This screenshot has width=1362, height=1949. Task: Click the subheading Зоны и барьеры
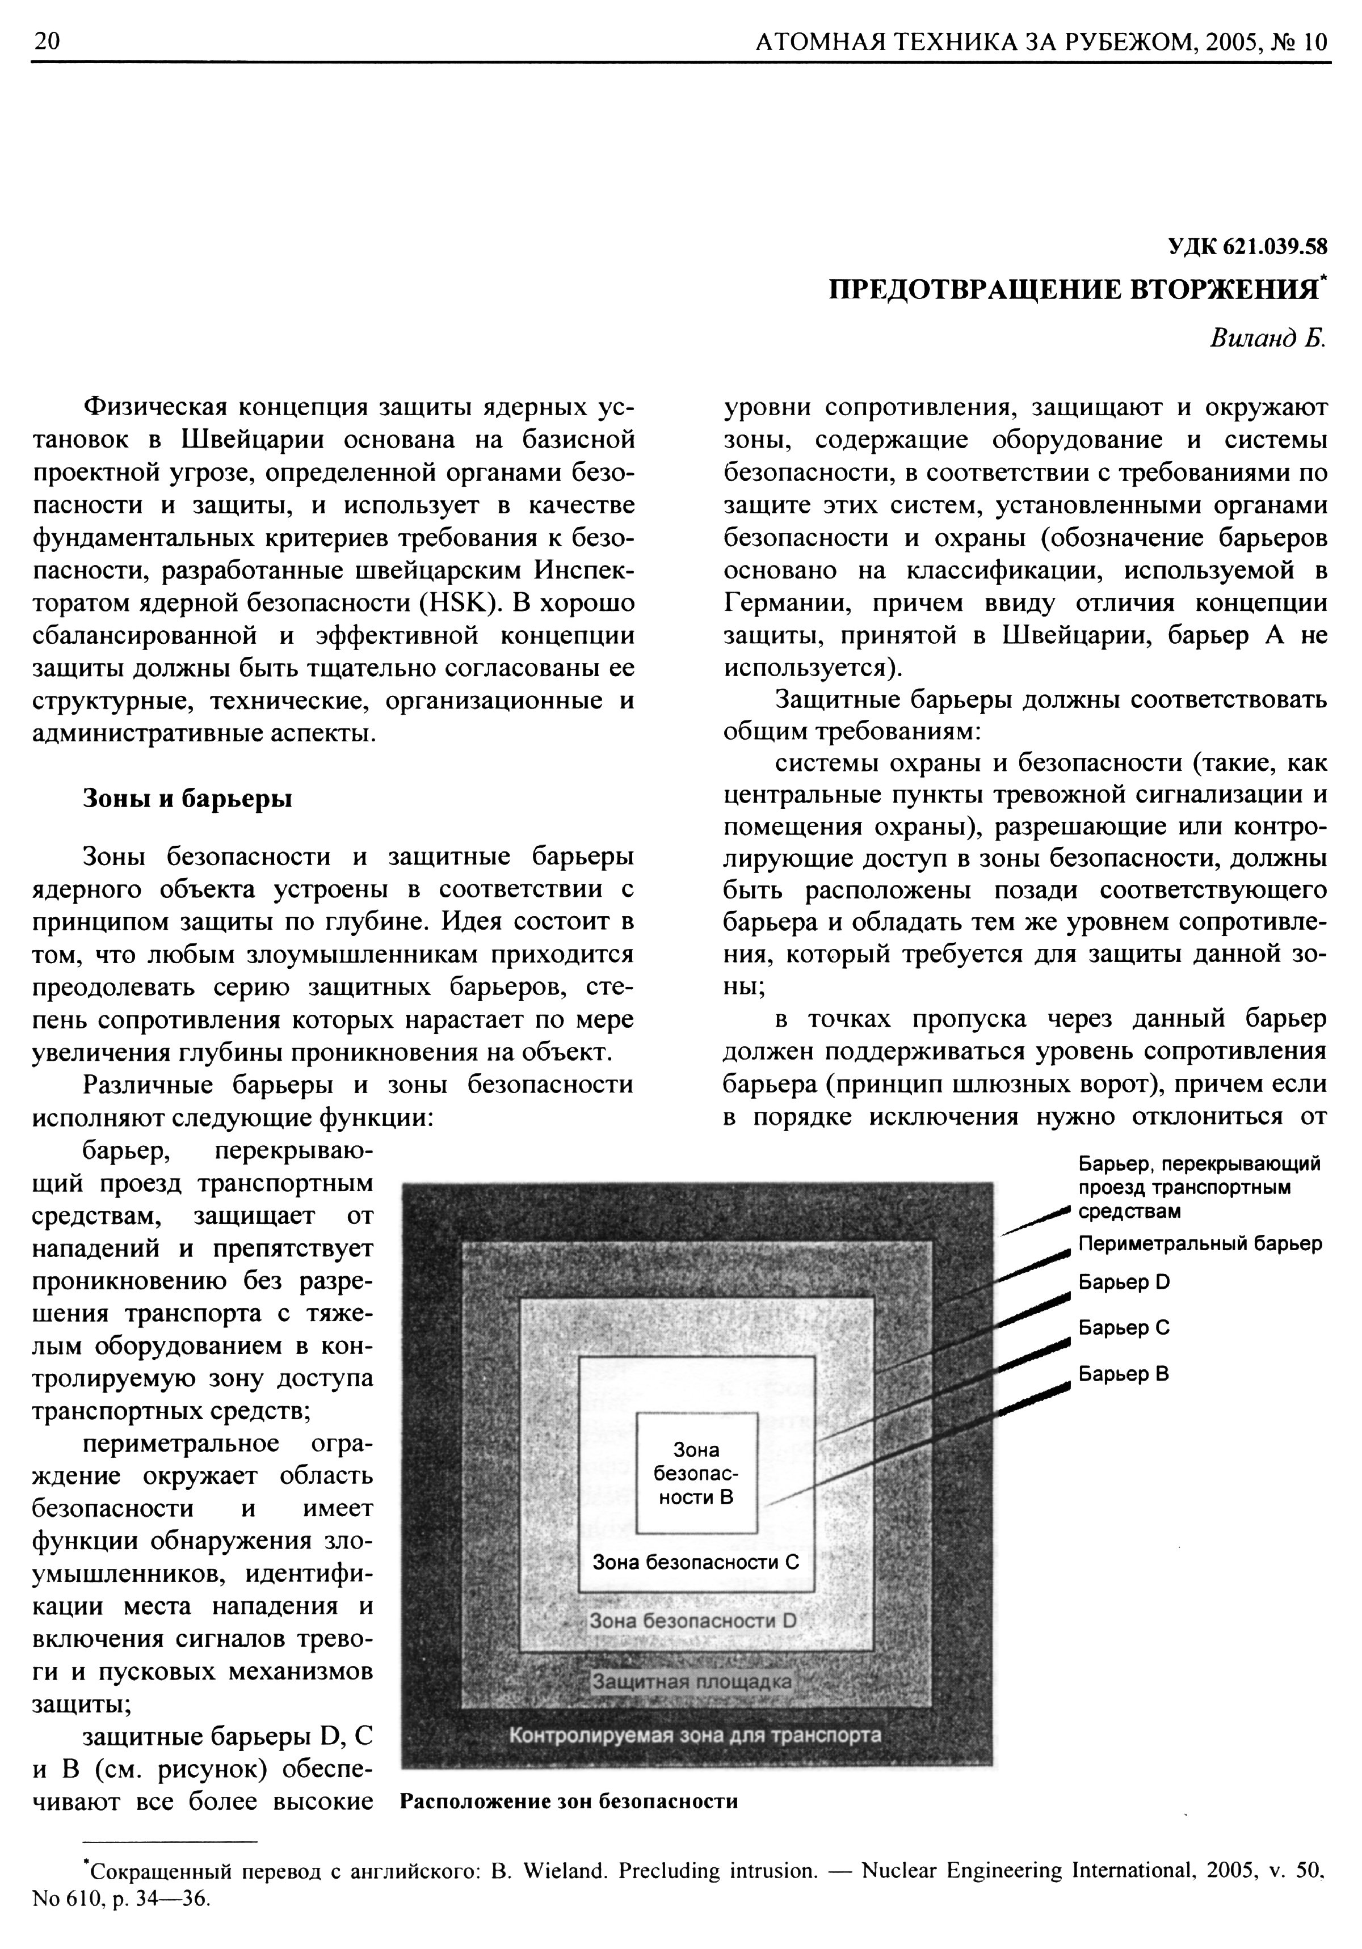click(x=187, y=799)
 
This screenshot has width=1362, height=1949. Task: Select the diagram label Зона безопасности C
click(x=695, y=1562)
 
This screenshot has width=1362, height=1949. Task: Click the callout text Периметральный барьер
click(x=1200, y=1243)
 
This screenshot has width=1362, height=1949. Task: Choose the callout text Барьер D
click(x=1124, y=1282)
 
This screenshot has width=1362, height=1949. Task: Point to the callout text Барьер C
click(x=1124, y=1328)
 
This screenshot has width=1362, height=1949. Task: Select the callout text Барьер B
click(x=1124, y=1373)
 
